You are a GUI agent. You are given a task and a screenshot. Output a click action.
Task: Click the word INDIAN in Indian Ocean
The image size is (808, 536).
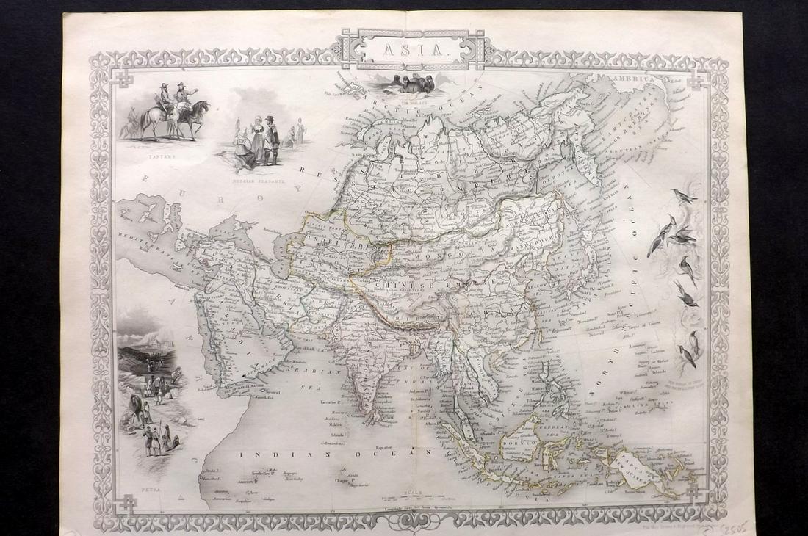tap(265, 455)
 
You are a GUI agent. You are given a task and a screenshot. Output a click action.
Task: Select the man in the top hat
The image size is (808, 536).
tap(269, 132)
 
